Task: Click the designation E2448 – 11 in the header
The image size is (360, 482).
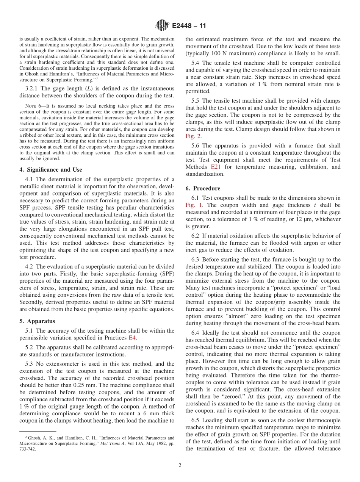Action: pos(189,26)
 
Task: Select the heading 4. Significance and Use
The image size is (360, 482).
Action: pos(51,170)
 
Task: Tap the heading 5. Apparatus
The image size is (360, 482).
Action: pos(37,321)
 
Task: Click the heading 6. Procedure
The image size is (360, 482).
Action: pos(203,188)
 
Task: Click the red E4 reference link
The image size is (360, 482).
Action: pos(133,338)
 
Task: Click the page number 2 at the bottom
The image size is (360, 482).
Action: pos(180,466)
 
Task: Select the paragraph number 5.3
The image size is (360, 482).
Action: pos(30,364)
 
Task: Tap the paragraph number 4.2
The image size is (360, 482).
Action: pos(30,266)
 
